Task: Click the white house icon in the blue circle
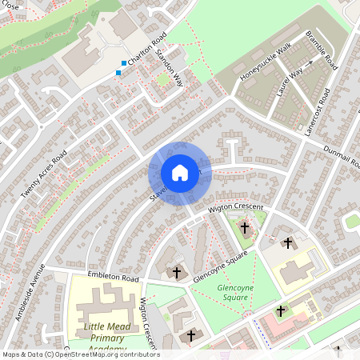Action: tap(179, 173)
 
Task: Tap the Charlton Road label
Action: tap(147, 50)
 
